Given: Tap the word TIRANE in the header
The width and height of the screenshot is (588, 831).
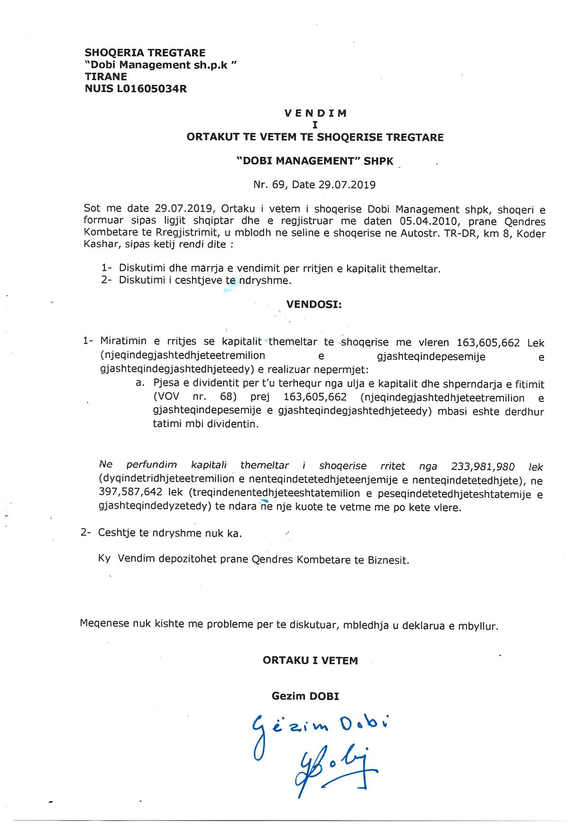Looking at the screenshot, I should tap(106, 77).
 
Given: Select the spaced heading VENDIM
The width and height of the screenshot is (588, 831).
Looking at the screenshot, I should tap(315, 113).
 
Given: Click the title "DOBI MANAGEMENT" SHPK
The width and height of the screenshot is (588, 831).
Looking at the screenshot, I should tap(315, 161).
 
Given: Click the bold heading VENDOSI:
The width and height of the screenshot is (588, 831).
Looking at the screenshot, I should tap(314, 304).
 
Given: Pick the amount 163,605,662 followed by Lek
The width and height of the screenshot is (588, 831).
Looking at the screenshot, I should tap(488, 343).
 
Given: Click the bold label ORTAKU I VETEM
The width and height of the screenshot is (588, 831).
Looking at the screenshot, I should tap(310, 661).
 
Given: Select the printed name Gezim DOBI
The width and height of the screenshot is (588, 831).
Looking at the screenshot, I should tap(305, 696).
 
